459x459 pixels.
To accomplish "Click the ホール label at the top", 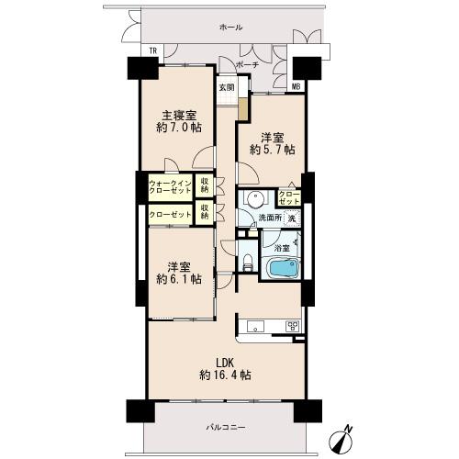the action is (231, 28).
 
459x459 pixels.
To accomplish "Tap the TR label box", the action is (153, 50).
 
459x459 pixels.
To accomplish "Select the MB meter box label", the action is (296, 87).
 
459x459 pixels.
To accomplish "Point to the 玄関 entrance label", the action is (227, 87).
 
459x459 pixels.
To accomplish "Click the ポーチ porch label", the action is (248, 65).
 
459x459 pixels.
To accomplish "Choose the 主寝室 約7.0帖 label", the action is (179, 121).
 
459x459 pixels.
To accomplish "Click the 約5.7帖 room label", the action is (273, 150).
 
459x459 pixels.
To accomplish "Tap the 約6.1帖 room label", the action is (179, 279).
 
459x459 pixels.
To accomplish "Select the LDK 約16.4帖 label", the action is (226, 369).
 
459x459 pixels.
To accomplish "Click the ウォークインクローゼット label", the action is (170, 187).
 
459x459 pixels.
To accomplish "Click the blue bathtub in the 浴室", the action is (283, 268).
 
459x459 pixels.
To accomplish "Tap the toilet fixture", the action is (247, 263).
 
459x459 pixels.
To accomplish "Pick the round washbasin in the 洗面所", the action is (254, 200).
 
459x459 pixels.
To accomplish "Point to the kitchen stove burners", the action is (293, 326).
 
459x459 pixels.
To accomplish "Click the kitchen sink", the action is (255, 326).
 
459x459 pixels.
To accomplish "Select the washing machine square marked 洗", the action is (292, 218).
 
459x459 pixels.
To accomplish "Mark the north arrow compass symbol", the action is (341, 438).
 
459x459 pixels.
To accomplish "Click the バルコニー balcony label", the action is (225, 427).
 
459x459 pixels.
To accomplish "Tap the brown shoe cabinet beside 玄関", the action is (243, 109).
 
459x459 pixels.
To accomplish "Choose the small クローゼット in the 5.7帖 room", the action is (289, 197).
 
